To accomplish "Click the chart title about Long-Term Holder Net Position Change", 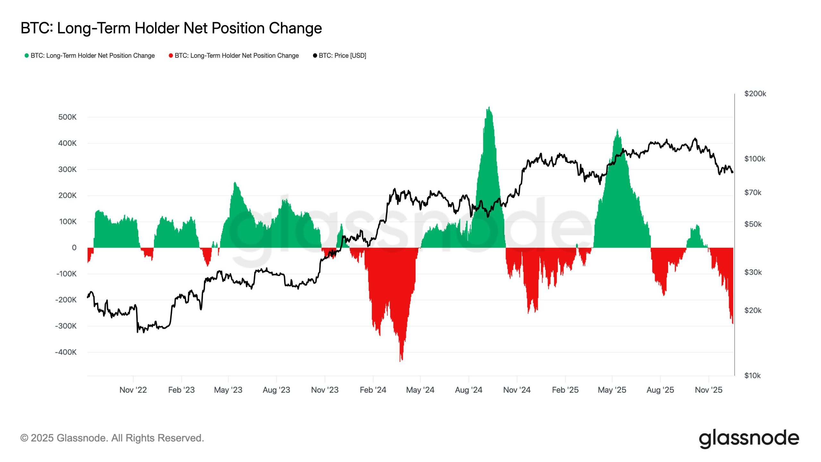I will pyautogui.click(x=171, y=28).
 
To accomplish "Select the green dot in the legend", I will pyautogui.click(x=27, y=56).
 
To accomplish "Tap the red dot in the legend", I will pyautogui.click(x=171, y=56).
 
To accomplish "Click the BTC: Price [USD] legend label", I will pyautogui.click(x=342, y=56).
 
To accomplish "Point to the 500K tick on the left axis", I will pyautogui.click(x=67, y=117).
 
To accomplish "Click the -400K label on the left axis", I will pyautogui.click(x=66, y=352).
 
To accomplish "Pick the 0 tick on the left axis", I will pyautogui.click(x=74, y=248).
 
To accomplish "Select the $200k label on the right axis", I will pyautogui.click(x=755, y=94).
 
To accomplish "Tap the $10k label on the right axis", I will pyautogui.click(x=752, y=376).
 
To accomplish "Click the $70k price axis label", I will pyautogui.click(x=752, y=193).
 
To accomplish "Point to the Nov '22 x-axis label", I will pyautogui.click(x=133, y=390).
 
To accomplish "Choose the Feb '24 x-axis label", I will pyautogui.click(x=373, y=390).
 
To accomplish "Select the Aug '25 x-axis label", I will pyautogui.click(x=660, y=390).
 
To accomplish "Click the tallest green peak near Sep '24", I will pyautogui.click(x=489, y=107).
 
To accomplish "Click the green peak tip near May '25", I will pyautogui.click(x=617, y=130).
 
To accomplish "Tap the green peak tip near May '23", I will pyautogui.click(x=235, y=183).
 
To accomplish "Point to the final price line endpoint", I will pyautogui.click(x=732, y=172).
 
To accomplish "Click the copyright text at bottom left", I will pyautogui.click(x=112, y=438).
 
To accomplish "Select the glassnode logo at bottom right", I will pyautogui.click(x=749, y=438).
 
